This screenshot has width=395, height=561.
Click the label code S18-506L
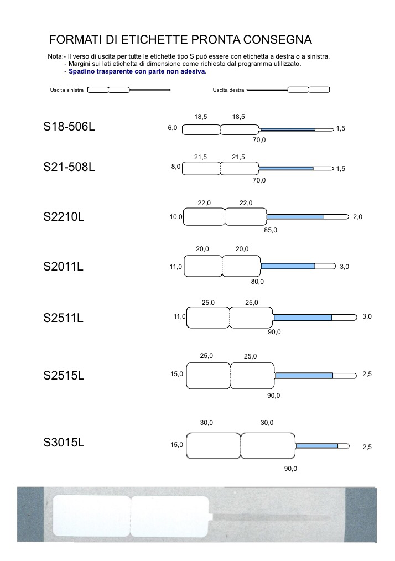coord(69,127)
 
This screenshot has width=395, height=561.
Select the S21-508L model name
coord(69,167)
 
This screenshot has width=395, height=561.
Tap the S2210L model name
coord(64,217)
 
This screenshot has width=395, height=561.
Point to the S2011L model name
coord(63,267)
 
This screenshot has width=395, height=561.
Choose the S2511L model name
coord(63,318)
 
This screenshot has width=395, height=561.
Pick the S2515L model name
coord(64,375)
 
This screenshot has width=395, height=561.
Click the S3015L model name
coord(64,443)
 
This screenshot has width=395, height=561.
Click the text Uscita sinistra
coord(66,90)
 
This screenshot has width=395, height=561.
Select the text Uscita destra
coord(228,90)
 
